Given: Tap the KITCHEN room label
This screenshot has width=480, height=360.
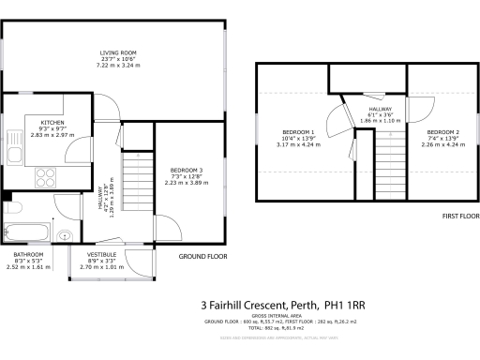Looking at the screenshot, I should point(51,123).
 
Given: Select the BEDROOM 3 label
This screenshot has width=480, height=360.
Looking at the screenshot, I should point(187,170).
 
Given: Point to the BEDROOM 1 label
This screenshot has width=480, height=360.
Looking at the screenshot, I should point(299,131).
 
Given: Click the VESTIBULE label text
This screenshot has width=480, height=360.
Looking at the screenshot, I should point(101,254).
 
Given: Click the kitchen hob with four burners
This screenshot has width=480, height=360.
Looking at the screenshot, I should point(47,175).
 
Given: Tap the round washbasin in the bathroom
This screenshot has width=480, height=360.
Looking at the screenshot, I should point(64,235).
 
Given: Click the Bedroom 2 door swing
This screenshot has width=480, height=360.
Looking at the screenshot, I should point(417,106).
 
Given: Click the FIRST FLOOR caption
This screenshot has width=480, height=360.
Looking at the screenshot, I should point(434,216).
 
